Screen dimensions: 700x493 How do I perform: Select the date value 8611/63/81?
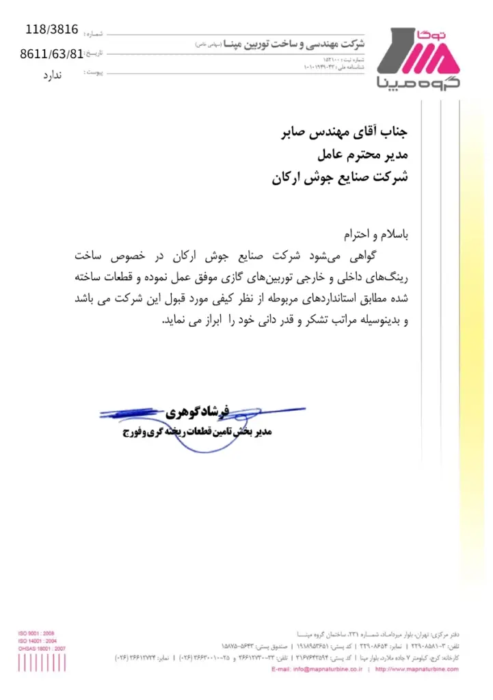coord(52,53)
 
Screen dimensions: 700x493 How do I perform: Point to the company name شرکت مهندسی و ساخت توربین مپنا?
coord(295,43)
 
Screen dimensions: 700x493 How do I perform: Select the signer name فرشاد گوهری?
coord(198,413)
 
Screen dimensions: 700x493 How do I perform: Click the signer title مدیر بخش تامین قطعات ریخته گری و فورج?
coord(198,432)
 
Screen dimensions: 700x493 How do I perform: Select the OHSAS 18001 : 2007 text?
coord(42,648)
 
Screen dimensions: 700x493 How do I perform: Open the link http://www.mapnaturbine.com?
coord(416,669)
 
